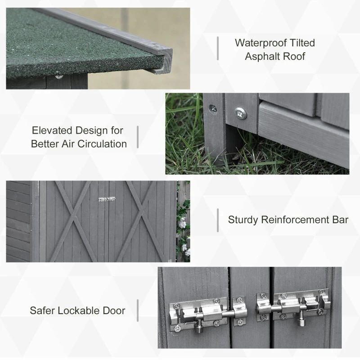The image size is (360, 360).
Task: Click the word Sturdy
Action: coord(243,220)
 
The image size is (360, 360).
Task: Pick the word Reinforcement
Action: coord(296,220)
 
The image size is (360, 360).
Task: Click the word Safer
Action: coord(42,310)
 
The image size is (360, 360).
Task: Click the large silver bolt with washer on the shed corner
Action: coord(241,113)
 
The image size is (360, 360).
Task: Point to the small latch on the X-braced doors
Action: coord(107,199)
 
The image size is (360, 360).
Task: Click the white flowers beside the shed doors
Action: coord(183,224)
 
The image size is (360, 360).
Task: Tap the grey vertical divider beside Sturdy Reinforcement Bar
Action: coord(218,220)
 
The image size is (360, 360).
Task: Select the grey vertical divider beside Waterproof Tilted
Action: coord(218,48)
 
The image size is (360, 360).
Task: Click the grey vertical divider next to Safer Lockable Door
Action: coord(138,310)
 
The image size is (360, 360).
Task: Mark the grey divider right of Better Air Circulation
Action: coord(138,137)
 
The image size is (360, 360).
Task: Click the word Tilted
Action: coord(302,43)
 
